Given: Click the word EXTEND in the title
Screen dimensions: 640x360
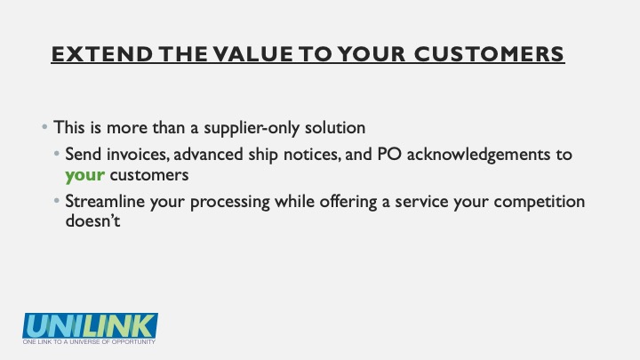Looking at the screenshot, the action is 102,54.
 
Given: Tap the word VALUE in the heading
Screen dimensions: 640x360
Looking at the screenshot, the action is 253,54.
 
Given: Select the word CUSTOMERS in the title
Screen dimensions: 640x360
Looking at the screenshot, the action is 489,54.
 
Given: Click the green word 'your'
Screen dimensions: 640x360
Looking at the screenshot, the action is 85,176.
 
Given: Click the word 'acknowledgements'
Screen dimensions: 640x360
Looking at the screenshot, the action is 479,155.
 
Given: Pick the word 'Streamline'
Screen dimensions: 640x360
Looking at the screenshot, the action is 105,201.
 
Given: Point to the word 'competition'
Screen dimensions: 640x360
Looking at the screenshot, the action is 540,202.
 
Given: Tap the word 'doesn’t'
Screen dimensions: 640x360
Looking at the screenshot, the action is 92,220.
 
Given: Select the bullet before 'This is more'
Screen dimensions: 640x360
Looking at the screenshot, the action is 44,127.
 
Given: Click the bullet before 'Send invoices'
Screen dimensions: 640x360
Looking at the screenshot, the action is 57,154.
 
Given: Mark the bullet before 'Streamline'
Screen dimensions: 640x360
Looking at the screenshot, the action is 57,200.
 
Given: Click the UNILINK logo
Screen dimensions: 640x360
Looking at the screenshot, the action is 90,325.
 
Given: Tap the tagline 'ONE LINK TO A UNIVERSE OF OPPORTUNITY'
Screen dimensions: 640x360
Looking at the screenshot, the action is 89,341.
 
